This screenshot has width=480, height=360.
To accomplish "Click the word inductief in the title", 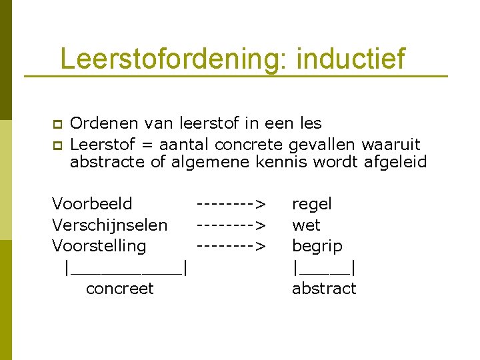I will click(x=350, y=59).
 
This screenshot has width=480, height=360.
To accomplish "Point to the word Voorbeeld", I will click(x=92, y=203).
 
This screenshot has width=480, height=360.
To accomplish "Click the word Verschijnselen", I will click(x=109, y=225).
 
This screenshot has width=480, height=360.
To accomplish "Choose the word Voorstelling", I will click(x=99, y=246).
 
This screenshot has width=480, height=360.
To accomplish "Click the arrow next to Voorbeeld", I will click(x=231, y=203).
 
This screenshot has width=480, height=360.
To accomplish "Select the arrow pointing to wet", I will click(x=231, y=225).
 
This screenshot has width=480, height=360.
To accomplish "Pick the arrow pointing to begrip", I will click(x=231, y=246).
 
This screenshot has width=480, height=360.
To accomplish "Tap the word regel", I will click(x=311, y=203).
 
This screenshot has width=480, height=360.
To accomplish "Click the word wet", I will click(x=306, y=225).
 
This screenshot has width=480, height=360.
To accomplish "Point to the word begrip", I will click(x=317, y=246).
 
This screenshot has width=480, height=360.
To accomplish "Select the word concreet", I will click(x=120, y=289).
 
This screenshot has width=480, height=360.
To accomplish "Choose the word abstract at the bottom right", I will click(x=324, y=289).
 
